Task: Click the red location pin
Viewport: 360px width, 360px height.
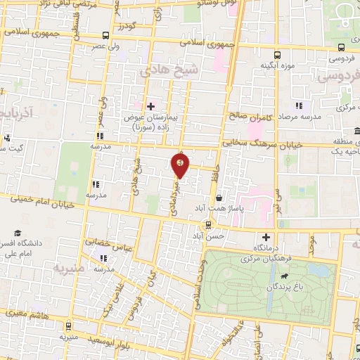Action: click(180, 165)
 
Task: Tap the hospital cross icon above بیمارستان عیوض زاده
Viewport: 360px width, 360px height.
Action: click(150, 105)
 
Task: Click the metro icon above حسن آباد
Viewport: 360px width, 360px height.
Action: click(208, 224)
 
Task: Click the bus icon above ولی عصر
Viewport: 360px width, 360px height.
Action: click(105, 35)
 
